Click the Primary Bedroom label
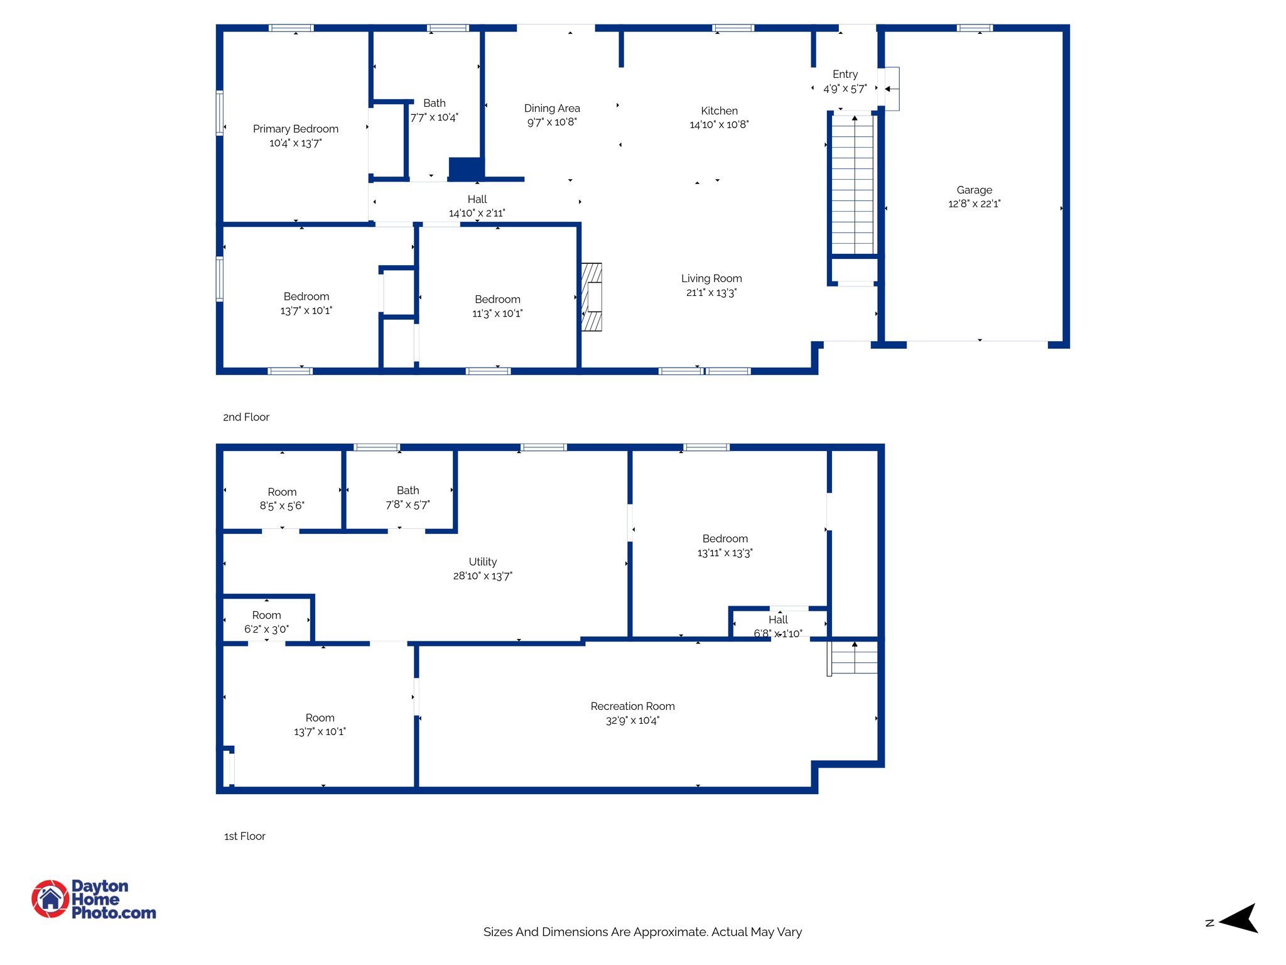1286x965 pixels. pyautogui.click(x=295, y=129)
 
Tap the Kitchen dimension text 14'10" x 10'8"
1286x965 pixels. pyautogui.click(x=719, y=124)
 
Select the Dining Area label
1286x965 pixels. pyautogui.click(x=552, y=108)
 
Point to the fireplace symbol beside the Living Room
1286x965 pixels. pyautogui.click(x=592, y=297)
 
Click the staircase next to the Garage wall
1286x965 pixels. pyautogui.click(x=852, y=185)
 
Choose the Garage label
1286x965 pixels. pyautogui.click(x=974, y=190)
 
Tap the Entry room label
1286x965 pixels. pyautogui.click(x=845, y=74)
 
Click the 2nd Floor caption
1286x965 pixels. pyautogui.click(x=246, y=417)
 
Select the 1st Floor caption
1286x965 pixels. pyautogui.click(x=245, y=836)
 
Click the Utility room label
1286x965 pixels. pyautogui.click(x=482, y=562)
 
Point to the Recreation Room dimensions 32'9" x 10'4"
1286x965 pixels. pyautogui.click(x=632, y=721)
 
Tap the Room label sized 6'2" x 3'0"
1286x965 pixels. pyautogui.click(x=266, y=615)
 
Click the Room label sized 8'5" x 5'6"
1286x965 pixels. pyautogui.click(x=282, y=492)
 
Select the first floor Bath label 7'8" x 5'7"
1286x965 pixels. pyautogui.click(x=408, y=490)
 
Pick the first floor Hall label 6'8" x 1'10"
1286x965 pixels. pyautogui.click(x=777, y=619)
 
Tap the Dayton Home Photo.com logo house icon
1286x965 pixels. pyautogui.click(x=50, y=899)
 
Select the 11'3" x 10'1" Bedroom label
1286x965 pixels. pyautogui.click(x=497, y=299)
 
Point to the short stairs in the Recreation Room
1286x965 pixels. pyautogui.click(x=854, y=658)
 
